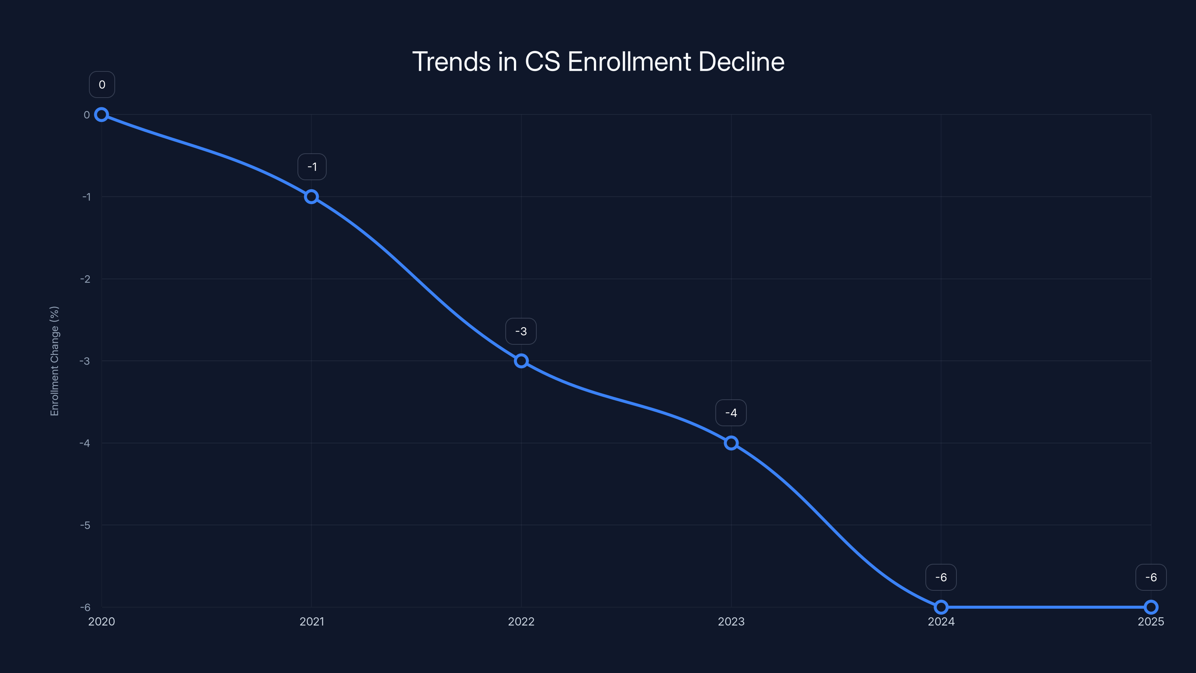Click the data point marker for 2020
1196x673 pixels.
coord(101,115)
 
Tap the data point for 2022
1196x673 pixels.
coord(521,361)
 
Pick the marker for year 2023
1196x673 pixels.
coord(731,443)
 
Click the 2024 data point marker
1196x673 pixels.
coord(941,607)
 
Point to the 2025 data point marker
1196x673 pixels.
coord(1151,607)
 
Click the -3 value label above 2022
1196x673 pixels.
coord(521,331)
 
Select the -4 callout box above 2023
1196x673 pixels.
coord(731,413)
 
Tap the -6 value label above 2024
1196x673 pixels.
coord(941,577)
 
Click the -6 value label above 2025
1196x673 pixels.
coord(1151,577)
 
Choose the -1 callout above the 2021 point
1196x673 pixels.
coord(312,167)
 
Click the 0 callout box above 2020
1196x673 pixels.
coord(102,84)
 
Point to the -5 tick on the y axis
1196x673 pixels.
coord(86,525)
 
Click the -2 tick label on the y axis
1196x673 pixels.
coord(86,279)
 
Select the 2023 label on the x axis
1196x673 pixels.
coord(731,621)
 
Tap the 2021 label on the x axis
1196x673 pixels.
coord(312,621)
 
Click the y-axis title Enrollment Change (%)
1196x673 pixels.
coord(54,361)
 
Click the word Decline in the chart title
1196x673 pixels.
coord(742,61)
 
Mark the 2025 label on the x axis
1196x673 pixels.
coord(1151,621)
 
